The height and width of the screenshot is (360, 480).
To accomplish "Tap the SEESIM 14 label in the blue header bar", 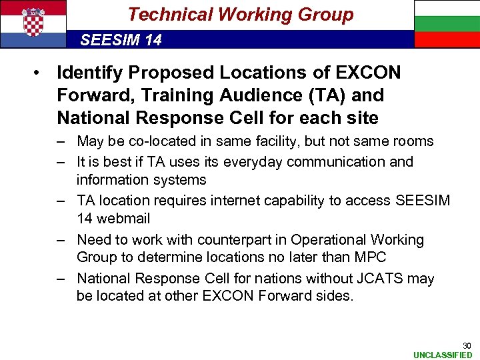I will (121, 40).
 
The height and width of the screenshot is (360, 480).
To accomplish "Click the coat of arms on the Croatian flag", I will (33, 22).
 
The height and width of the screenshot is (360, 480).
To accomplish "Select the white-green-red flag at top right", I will (446, 23).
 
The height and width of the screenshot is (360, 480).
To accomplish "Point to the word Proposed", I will (170, 72).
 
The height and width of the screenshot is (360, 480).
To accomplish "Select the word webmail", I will (123, 219).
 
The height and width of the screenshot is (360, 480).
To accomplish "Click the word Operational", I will (335, 239).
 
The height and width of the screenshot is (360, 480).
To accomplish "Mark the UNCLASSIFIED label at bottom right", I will (443, 355).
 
